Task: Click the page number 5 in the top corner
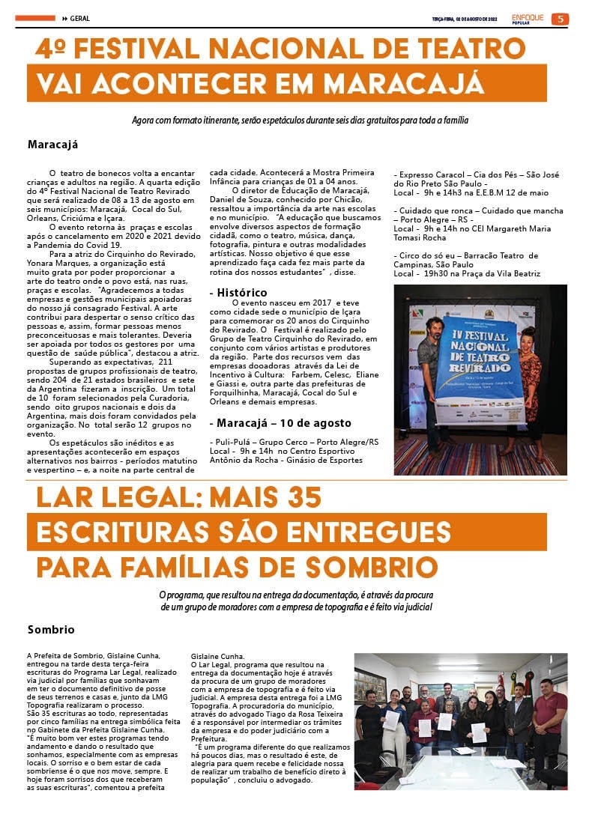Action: click(559, 19)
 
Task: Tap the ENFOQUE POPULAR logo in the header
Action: click(526, 19)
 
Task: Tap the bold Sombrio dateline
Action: click(51, 630)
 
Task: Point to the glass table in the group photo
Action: click(465, 771)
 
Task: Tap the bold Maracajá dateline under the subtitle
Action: click(52, 145)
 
